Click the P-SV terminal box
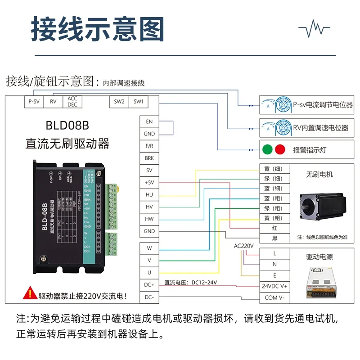[34, 102]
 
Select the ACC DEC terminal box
[72, 102]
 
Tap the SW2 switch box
[119, 102]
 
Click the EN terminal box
[149, 121]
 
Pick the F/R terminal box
[149, 146]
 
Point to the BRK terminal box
[149, 158]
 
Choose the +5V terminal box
[149, 183]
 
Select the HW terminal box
[149, 219]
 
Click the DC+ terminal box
[149, 285]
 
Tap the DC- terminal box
[149, 297]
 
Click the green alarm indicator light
[267, 149]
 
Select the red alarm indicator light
[280, 149]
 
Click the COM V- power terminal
[274, 297]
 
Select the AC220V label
[244, 246]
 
